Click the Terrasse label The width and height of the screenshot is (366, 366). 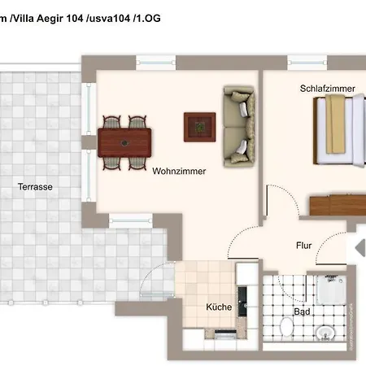35,186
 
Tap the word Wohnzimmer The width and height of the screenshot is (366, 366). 179,171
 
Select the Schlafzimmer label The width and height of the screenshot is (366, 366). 328,89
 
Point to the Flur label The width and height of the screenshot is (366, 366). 303,246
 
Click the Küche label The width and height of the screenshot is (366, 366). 219,307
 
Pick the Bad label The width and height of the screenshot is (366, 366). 302,312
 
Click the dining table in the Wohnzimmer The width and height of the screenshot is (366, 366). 124,142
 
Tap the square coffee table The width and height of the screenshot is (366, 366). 200,127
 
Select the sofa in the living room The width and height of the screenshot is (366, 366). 239,126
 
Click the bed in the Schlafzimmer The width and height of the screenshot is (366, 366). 339,130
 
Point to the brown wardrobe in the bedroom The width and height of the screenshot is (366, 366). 338,205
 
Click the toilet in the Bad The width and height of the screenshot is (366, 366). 287,327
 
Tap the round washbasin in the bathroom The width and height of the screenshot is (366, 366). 325,333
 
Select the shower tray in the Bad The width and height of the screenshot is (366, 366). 331,290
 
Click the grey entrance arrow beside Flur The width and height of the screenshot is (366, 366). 360,247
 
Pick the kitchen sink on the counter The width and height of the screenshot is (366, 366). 242,302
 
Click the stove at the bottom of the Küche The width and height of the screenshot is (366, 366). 225,334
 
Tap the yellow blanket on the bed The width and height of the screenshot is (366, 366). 335,124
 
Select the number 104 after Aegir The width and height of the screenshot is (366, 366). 74,19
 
